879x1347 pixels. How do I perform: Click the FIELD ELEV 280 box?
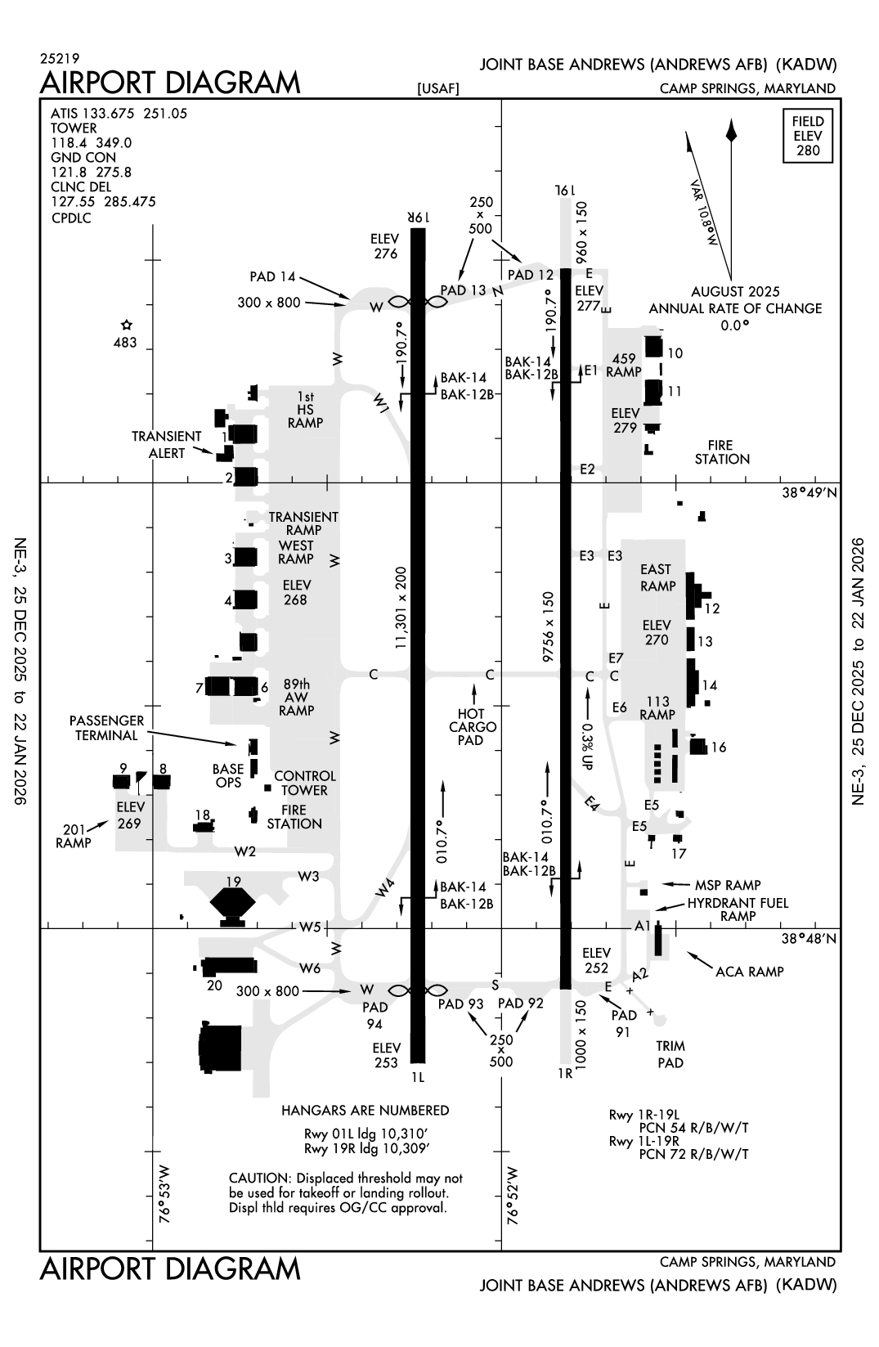coord(807,136)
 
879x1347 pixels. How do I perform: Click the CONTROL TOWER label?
coord(304,783)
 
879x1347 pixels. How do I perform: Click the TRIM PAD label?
coord(670,1054)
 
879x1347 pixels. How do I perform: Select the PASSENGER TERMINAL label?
coord(106,728)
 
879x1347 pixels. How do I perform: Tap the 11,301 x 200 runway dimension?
coord(401,608)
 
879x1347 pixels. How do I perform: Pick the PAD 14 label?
coord(272,277)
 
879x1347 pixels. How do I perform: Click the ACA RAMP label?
coord(749,972)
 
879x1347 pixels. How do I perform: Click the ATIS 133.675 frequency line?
coord(119,114)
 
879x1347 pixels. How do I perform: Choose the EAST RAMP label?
coord(657,577)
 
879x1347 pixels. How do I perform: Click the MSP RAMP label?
coord(727,885)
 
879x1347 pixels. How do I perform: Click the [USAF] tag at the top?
coord(437,89)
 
